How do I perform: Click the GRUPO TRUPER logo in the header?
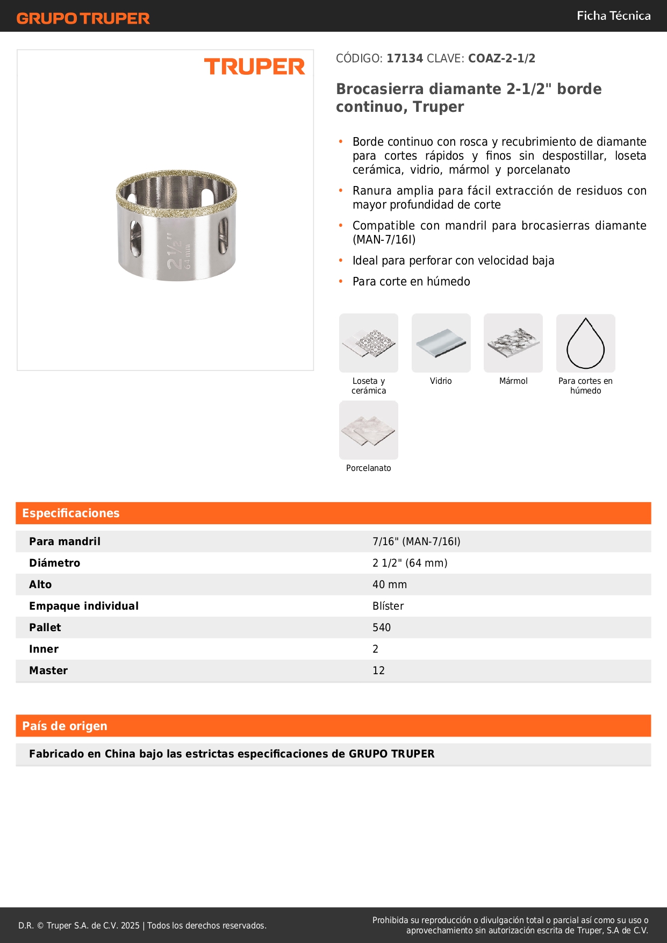click(83, 18)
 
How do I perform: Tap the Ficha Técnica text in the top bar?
click(613, 16)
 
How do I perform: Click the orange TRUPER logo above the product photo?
click(254, 67)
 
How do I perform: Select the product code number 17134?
click(405, 59)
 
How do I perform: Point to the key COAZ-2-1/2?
click(501, 59)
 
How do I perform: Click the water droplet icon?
click(585, 344)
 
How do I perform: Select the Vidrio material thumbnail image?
click(441, 343)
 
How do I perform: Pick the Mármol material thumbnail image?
click(513, 343)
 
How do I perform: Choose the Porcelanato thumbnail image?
click(369, 430)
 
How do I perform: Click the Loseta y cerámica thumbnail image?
click(369, 343)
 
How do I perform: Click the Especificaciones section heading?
click(71, 513)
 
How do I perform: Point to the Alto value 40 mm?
click(390, 584)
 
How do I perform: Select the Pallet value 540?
click(382, 627)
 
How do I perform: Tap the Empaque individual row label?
click(84, 606)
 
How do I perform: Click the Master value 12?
click(379, 670)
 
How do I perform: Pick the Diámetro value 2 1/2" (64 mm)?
click(410, 563)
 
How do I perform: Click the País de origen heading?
click(64, 726)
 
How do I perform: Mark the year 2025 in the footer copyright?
click(130, 925)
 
